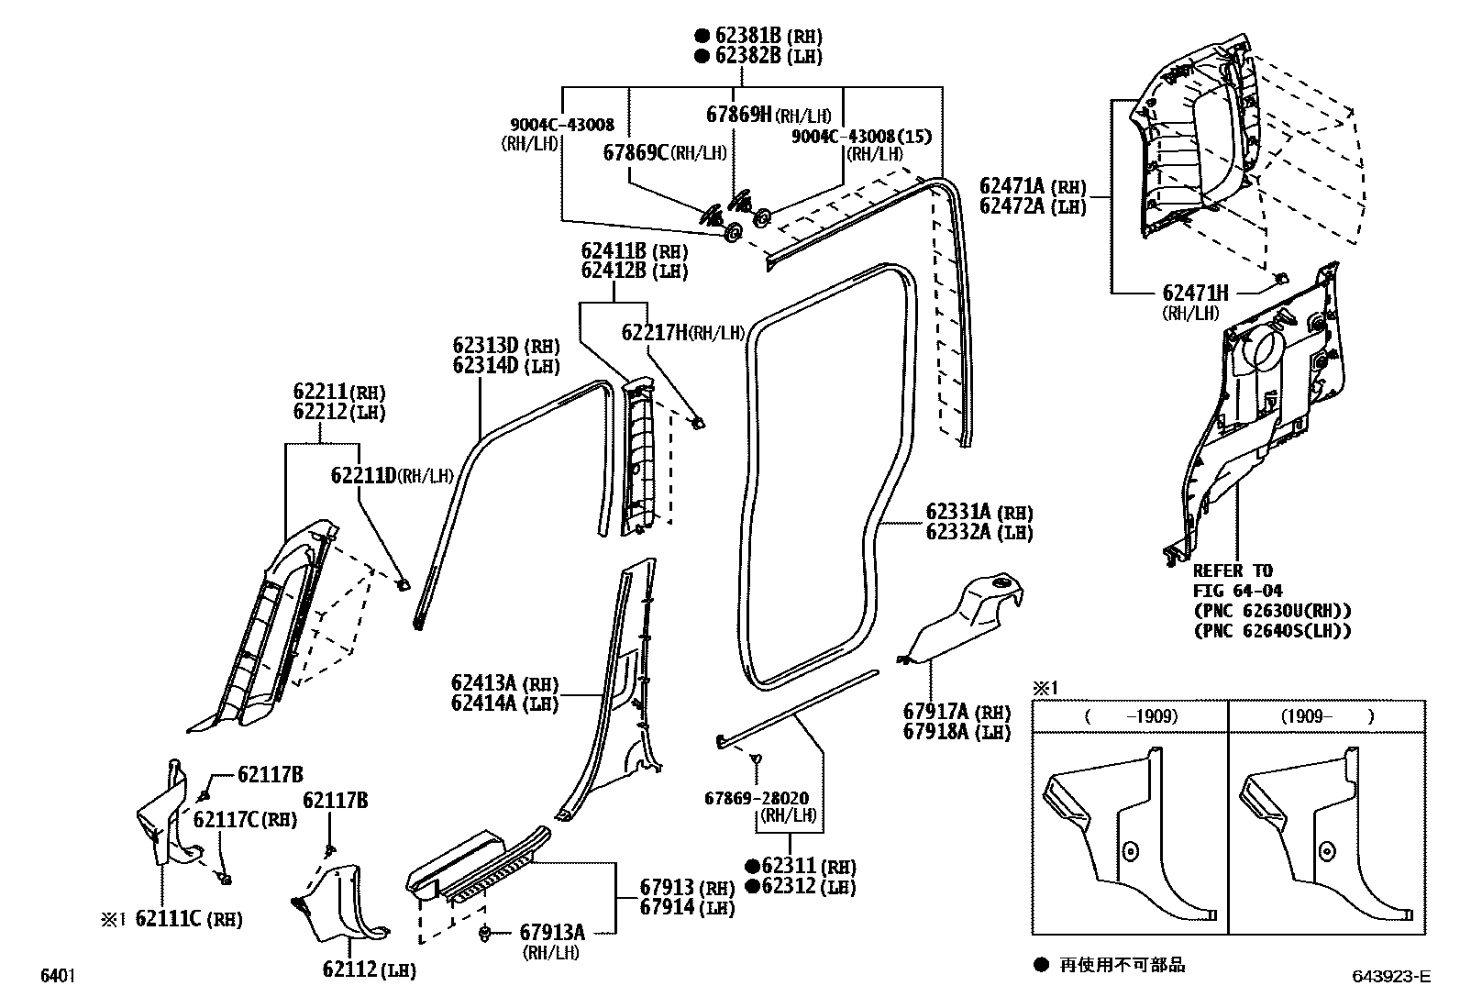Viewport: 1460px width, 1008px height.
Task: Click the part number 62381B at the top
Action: click(x=747, y=35)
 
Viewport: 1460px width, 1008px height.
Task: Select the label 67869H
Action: click(x=738, y=115)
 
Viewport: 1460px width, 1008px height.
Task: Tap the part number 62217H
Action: click(x=654, y=333)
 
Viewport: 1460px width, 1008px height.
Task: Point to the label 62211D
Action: click(x=363, y=475)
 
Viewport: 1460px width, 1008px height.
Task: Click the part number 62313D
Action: click(x=485, y=346)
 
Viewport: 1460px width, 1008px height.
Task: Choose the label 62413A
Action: click(x=483, y=683)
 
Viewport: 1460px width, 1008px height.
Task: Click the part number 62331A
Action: click(x=958, y=512)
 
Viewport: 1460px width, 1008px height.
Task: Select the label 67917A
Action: click(x=935, y=711)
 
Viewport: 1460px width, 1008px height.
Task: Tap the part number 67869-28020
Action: click(x=756, y=798)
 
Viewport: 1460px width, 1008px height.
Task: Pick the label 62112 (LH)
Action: click(x=369, y=969)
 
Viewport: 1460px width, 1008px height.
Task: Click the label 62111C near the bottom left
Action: click(x=168, y=919)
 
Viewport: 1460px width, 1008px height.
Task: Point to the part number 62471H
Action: click(x=1195, y=294)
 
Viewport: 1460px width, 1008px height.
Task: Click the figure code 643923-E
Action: click(x=1391, y=976)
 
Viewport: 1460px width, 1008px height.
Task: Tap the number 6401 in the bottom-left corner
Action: click(x=58, y=975)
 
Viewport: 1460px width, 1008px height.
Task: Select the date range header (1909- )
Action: click(x=1327, y=716)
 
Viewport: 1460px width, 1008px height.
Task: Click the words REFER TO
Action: click(x=1233, y=571)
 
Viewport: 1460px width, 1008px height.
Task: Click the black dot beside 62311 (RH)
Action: click(x=752, y=866)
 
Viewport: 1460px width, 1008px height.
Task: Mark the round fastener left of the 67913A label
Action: click(x=484, y=934)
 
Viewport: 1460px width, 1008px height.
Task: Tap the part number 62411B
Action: click(x=614, y=251)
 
